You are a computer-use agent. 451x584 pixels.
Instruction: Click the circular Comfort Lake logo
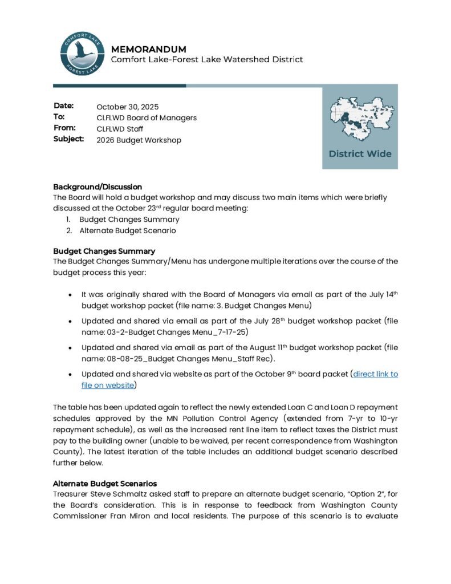point(83,54)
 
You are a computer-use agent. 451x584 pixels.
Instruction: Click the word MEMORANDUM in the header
point(148,49)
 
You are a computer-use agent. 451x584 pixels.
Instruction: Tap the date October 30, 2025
point(127,107)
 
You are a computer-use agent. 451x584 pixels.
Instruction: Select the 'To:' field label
point(59,117)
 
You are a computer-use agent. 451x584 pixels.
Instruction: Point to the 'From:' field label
point(64,128)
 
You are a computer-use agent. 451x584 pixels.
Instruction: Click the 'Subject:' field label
point(68,139)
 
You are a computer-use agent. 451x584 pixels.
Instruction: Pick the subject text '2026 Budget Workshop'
point(139,140)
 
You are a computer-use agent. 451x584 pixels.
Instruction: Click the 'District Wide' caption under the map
point(360,154)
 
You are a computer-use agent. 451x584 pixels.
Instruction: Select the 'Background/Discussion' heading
point(97,186)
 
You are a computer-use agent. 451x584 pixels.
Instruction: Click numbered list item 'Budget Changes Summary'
point(129,220)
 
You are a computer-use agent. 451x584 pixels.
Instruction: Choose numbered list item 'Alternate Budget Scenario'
point(128,231)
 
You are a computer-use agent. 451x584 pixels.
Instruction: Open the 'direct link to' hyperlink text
point(376,374)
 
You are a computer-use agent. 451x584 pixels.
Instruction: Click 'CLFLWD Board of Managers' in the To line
point(147,117)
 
